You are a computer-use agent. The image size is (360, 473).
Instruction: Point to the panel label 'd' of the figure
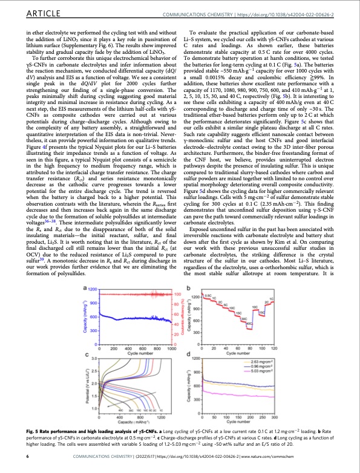pyautogui.click(x=189, y=354)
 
